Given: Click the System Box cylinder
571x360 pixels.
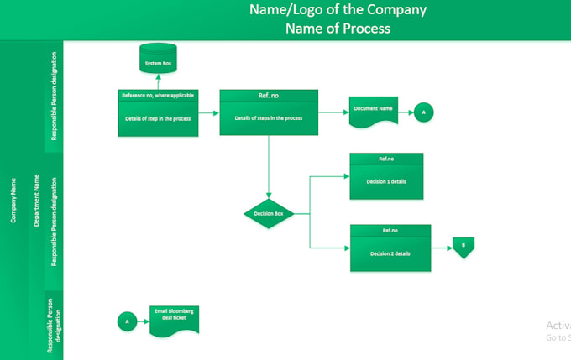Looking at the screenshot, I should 158,59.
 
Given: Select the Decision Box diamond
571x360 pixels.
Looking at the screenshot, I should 269,214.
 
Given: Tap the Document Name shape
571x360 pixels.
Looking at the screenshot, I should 374,112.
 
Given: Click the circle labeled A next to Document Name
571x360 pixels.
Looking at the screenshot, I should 423,112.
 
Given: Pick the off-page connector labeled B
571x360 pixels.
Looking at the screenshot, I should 464,248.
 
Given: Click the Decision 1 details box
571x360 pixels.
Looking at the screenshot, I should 386,180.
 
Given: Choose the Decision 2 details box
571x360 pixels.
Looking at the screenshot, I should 390,253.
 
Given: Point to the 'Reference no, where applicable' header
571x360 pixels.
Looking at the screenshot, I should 158,96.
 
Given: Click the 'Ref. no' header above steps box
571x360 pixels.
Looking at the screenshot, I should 269,96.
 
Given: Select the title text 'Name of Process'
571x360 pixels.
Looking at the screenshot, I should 338,29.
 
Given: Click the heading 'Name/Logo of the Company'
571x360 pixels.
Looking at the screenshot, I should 338,10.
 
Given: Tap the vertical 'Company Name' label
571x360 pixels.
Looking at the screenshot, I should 13,201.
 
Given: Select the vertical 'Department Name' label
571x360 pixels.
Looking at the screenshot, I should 36,201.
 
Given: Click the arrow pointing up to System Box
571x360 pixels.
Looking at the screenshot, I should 158,81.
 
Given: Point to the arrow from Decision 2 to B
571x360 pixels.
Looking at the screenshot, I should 442,248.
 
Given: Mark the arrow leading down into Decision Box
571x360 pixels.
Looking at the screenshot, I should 269,168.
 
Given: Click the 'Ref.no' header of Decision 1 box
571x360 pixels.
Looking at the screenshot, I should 386,158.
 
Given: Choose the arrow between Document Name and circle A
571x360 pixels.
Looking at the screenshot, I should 405,112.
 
